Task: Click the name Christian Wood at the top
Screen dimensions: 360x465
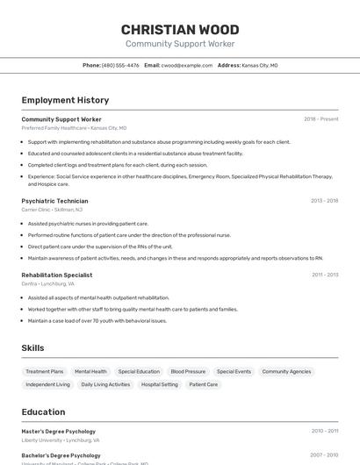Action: point(180,30)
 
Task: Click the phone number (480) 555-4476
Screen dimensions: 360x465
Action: point(120,65)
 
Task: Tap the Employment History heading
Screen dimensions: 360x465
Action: point(65,100)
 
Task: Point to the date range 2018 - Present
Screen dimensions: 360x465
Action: point(320,119)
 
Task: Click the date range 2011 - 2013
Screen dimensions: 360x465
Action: point(324,275)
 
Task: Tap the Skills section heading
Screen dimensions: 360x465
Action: point(32,348)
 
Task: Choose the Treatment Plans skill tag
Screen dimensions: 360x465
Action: point(45,372)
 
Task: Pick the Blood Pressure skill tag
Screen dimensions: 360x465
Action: point(188,372)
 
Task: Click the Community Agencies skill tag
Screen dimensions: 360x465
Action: point(286,372)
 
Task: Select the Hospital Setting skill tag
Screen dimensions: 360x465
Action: point(159,384)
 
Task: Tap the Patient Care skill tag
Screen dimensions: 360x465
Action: point(203,384)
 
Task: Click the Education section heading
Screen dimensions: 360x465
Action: point(43,412)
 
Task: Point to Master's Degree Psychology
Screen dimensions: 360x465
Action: point(58,432)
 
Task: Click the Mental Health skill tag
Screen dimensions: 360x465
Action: point(90,372)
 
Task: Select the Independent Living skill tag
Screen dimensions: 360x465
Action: point(47,384)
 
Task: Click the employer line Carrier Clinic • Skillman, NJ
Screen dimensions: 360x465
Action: point(52,210)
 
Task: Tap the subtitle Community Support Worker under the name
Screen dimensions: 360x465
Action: point(180,44)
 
